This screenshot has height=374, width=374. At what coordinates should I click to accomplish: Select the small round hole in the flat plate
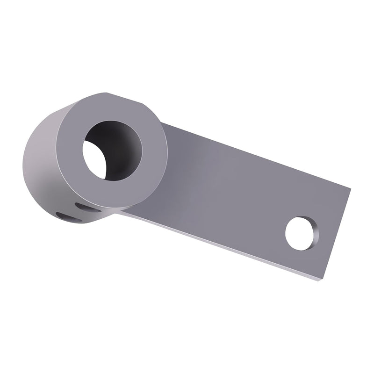click(301, 232)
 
